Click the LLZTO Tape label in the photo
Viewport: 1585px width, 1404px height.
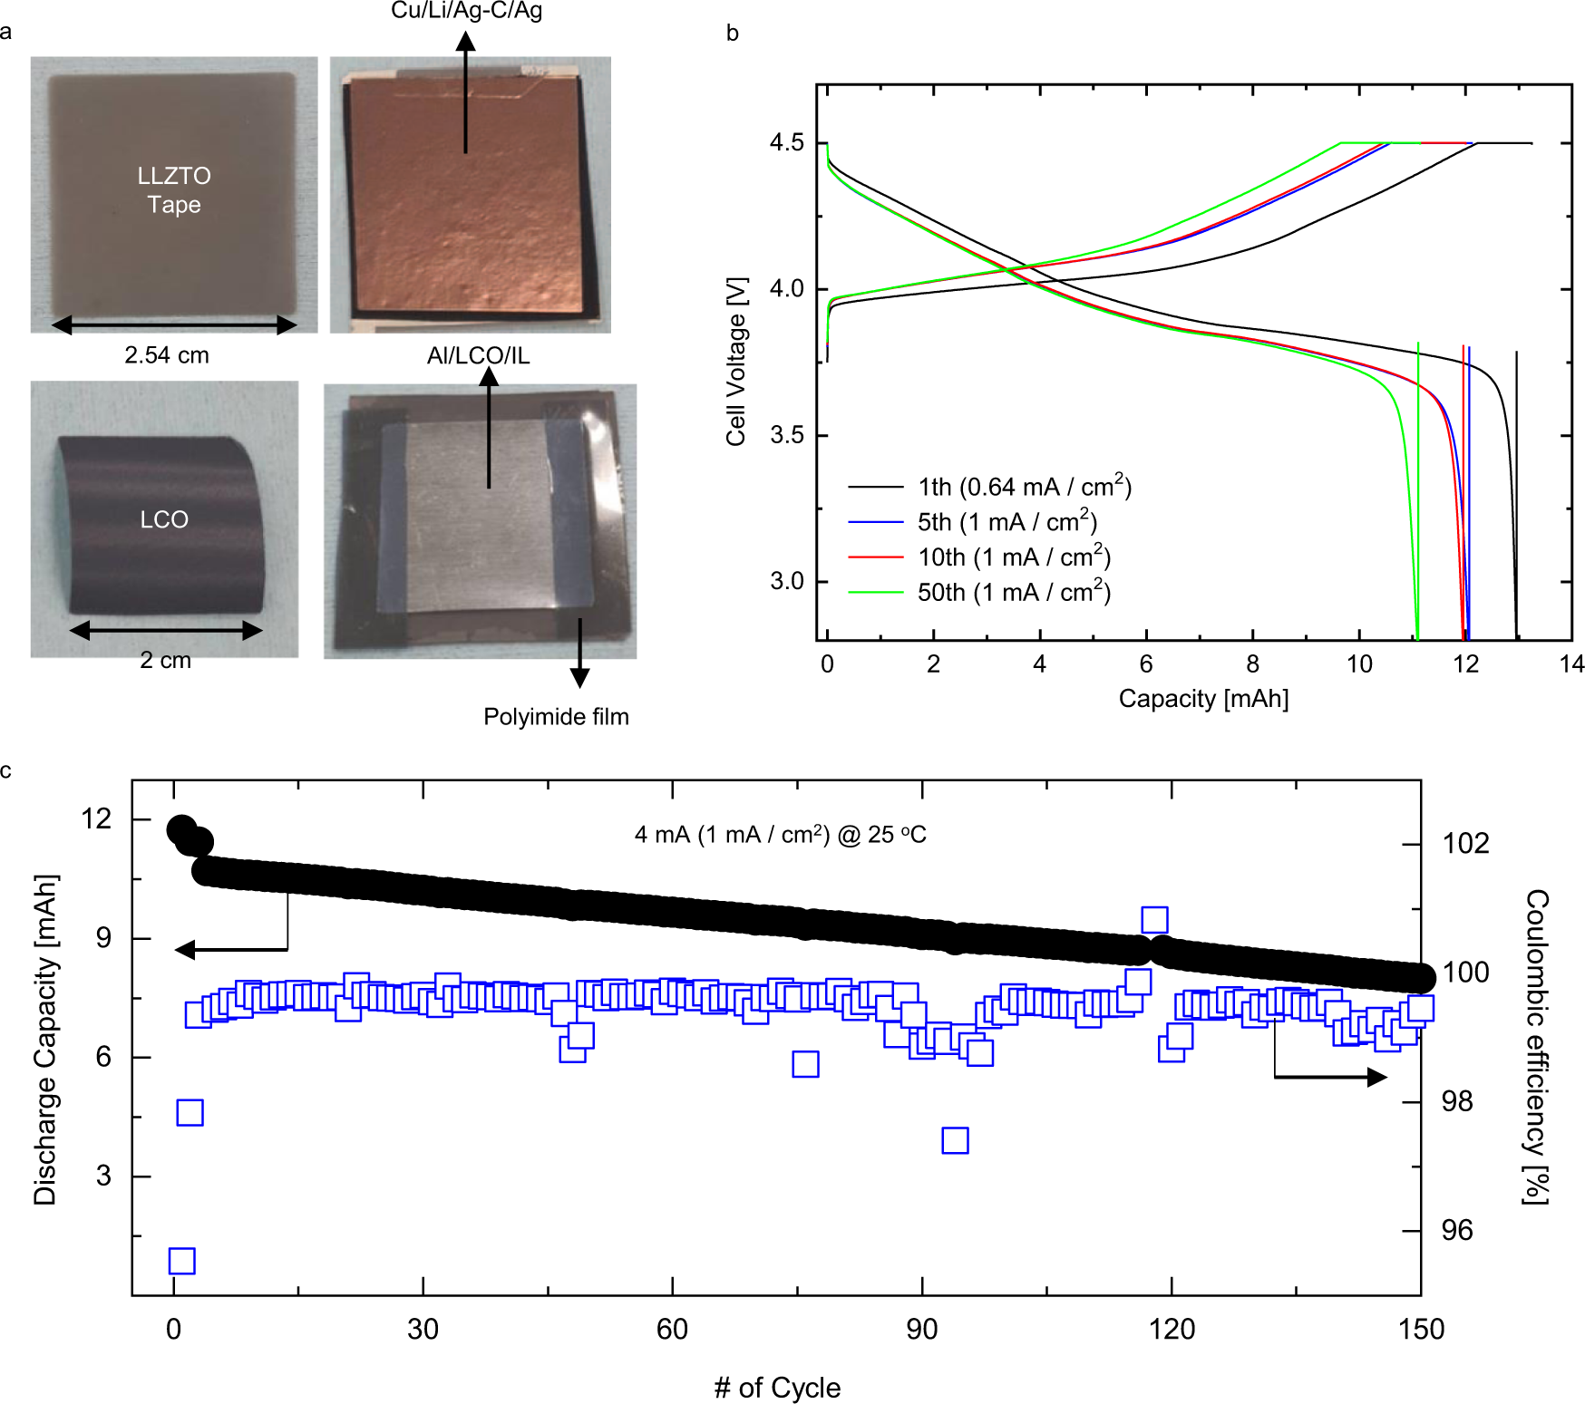pos(173,189)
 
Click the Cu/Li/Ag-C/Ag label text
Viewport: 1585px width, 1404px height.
pos(466,11)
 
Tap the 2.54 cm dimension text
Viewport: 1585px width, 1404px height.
pos(167,355)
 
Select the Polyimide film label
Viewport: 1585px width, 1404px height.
pos(556,717)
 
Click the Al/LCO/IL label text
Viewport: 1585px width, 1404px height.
pos(478,356)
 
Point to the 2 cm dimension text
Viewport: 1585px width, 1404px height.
pos(165,661)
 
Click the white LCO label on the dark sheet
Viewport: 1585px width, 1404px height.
pos(164,519)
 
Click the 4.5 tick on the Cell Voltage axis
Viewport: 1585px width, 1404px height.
pos(786,143)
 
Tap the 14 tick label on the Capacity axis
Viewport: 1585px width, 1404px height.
pos(1571,664)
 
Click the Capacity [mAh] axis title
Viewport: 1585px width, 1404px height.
pos(1203,699)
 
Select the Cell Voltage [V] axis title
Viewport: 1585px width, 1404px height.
pos(736,361)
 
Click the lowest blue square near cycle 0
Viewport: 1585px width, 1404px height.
pos(181,1261)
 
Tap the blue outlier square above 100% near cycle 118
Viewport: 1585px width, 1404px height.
pos(1154,920)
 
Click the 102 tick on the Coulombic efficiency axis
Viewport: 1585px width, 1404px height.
pos(1465,844)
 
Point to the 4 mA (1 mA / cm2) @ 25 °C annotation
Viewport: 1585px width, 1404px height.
pos(780,835)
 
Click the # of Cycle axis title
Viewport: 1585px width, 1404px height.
pos(777,1388)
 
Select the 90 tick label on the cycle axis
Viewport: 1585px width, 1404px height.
pos(921,1330)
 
